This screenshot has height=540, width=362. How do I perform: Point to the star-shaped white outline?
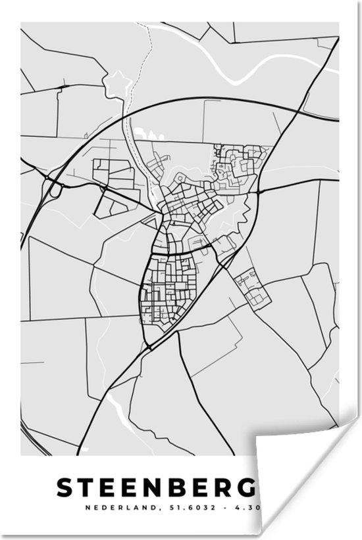[118, 84]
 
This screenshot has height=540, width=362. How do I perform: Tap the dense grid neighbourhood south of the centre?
[170, 289]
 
